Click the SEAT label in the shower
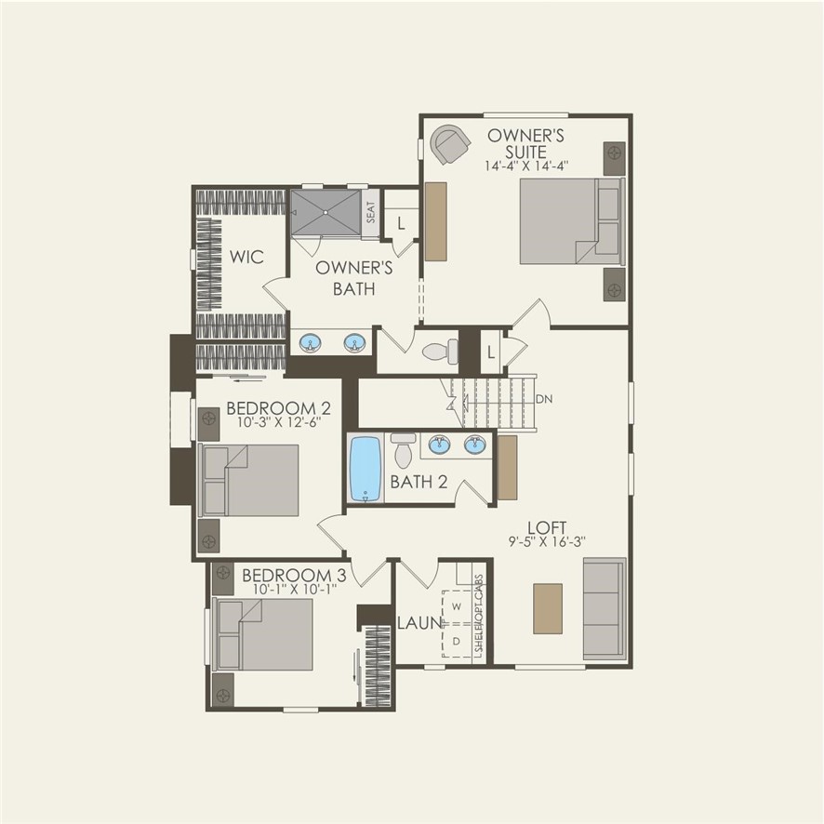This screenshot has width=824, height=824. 370,214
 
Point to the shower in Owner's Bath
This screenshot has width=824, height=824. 325,214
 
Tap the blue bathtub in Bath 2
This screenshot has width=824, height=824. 365,468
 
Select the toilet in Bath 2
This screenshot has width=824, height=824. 403,450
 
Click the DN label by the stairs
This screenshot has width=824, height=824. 545,399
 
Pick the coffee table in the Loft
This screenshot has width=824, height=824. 548,608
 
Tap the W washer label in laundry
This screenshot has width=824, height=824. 457,606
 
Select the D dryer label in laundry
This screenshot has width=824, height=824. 457,641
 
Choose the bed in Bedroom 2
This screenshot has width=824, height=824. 250,480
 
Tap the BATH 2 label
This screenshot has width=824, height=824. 419,482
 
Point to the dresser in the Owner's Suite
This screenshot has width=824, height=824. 435,221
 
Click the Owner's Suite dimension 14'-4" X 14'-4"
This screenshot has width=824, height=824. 526,166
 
